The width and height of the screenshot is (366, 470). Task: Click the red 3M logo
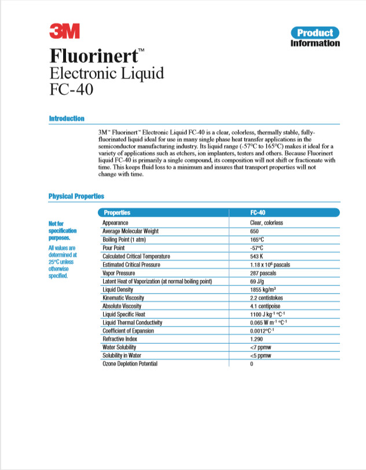point(64,31)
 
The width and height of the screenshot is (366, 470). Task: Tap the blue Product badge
point(315,32)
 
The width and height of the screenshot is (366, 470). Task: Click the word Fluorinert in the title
point(93,56)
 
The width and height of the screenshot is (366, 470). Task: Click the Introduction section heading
point(67,119)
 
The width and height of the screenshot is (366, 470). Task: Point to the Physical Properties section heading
point(76,196)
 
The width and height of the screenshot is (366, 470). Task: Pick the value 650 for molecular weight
point(254,231)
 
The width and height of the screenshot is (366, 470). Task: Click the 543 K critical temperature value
point(257,256)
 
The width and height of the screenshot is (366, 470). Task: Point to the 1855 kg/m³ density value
point(263,289)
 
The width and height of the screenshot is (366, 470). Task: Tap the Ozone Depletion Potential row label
point(130,363)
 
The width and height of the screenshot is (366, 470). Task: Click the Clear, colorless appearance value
point(266,223)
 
